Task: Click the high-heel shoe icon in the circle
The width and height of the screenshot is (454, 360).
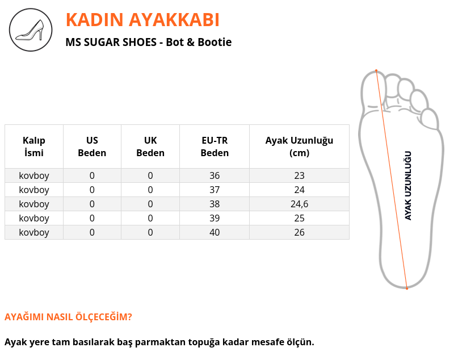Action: point(31,30)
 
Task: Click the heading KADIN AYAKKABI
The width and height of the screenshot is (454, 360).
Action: point(142,20)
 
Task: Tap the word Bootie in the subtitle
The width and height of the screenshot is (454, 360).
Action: point(215,42)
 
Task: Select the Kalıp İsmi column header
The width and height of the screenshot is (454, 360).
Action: point(34,146)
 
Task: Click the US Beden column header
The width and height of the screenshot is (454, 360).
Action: point(92,146)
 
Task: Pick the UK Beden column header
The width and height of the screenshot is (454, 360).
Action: point(150,146)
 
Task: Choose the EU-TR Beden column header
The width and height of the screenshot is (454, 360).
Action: point(215,146)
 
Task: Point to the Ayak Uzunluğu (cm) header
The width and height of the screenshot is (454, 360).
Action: point(299,146)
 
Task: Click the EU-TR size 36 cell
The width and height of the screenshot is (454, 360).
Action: point(215,175)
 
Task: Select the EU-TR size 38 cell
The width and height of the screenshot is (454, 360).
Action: point(215,204)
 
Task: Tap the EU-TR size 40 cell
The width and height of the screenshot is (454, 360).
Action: point(215,232)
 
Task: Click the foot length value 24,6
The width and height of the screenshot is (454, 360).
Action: point(300,204)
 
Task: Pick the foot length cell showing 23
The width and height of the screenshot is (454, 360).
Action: point(300,175)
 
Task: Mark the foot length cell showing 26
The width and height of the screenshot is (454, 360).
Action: point(300,232)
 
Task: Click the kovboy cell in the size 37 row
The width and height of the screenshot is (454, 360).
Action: point(34,190)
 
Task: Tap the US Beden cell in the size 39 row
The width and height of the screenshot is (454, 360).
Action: point(92,218)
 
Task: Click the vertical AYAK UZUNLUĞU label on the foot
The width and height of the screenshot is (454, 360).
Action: point(408,186)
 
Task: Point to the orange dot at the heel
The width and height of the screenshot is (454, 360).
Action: point(407,288)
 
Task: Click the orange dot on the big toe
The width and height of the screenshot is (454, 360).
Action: point(376,70)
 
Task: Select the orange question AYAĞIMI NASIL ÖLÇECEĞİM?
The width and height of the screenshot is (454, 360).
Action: point(68,317)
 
